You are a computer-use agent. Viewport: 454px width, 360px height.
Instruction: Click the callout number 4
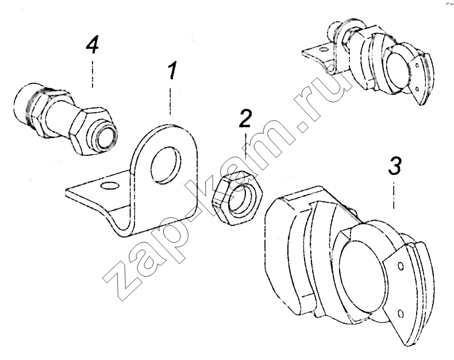click(x=93, y=44)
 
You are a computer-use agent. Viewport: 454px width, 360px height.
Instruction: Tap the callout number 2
click(x=245, y=118)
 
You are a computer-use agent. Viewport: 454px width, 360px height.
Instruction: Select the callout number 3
click(x=395, y=166)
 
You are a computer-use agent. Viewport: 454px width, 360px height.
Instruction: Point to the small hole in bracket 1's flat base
click(x=110, y=185)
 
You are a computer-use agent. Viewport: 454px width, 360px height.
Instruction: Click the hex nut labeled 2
click(x=237, y=197)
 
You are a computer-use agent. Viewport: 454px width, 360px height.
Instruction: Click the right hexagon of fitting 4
click(x=90, y=129)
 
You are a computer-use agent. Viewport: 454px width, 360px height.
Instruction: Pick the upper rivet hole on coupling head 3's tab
click(x=401, y=266)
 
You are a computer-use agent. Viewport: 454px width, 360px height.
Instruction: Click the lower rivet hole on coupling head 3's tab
click(x=401, y=313)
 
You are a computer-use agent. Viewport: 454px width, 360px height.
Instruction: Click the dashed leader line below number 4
click(x=93, y=74)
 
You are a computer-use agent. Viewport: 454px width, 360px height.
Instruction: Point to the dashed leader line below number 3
click(x=394, y=195)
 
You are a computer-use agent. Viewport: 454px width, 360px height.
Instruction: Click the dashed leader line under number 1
click(x=170, y=101)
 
